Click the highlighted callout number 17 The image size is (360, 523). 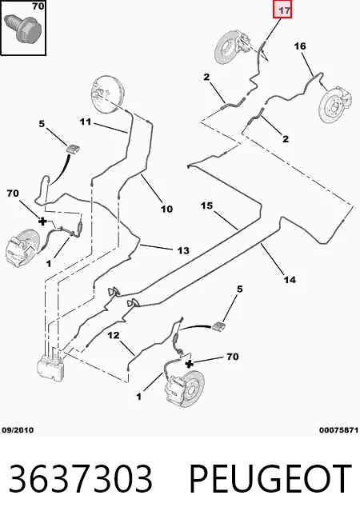click(x=283, y=10)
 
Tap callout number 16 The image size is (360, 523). click(x=300, y=46)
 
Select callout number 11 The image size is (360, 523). click(x=86, y=122)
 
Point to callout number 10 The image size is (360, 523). click(x=166, y=210)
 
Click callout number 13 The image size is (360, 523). click(x=183, y=250)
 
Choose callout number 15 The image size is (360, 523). click(x=206, y=206)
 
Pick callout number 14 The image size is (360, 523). click(x=290, y=280)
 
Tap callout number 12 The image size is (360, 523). click(x=114, y=335)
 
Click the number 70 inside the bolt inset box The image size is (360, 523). click(x=38, y=6)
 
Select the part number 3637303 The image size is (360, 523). click(x=80, y=478)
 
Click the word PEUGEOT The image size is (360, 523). click(x=270, y=478)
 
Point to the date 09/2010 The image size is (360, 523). click(x=18, y=430)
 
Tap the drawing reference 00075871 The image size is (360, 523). click(x=338, y=430)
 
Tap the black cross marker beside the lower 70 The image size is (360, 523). click(x=189, y=364)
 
